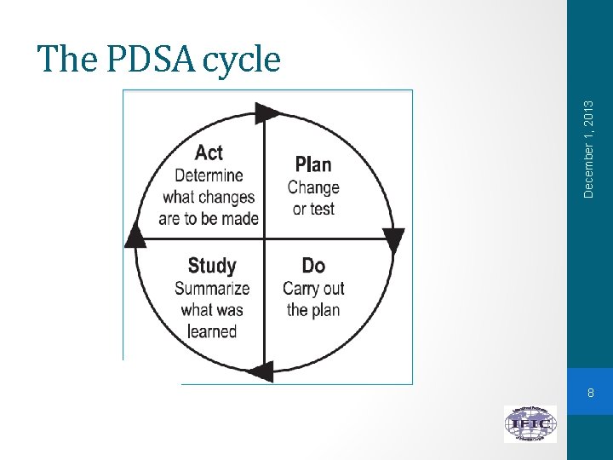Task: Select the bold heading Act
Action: coord(209,152)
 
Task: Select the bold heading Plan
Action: coord(312,164)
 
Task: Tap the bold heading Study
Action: coord(212,266)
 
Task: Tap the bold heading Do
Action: coord(313,266)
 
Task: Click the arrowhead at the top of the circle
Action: coord(267,113)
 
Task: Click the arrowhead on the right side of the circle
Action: coord(393,240)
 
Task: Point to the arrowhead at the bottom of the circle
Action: coord(261,370)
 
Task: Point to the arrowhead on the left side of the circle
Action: coord(135,234)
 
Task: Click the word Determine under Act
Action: coord(209,175)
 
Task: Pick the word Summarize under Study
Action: coord(212,288)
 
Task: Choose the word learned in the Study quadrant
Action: coord(211,331)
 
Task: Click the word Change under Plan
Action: coord(313,187)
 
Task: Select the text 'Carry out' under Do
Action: coord(313,288)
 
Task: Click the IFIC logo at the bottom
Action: coord(530,423)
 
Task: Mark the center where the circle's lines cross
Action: coord(265,239)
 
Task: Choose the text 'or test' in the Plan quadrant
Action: coord(313,209)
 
